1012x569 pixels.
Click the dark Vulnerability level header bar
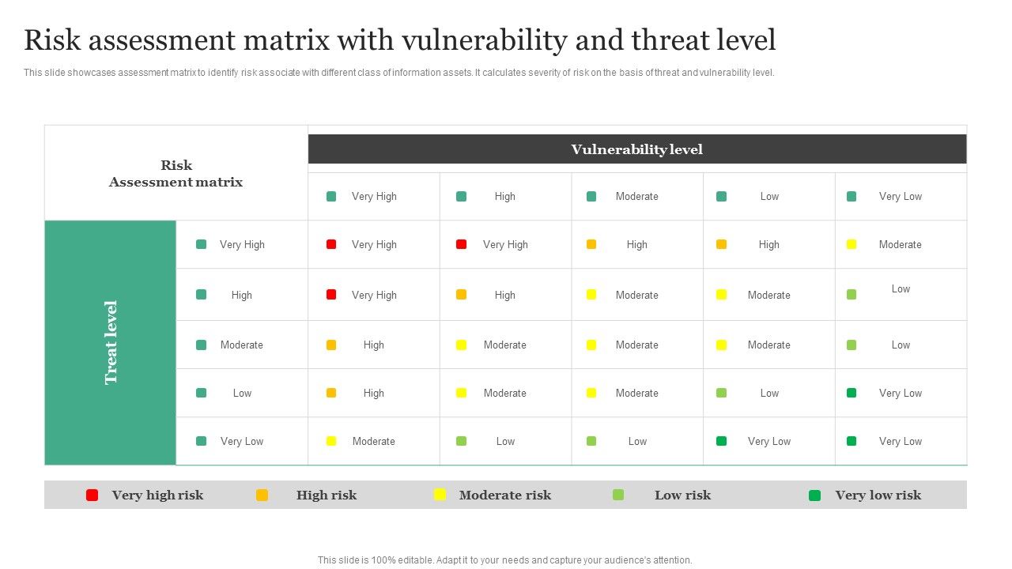pyautogui.click(x=636, y=149)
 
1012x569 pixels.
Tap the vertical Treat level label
pyautogui.click(x=111, y=342)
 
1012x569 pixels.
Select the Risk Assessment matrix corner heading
pyautogui.click(x=176, y=174)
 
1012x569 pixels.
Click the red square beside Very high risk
pyautogui.click(x=93, y=496)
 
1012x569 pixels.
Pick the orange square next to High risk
pyautogui.click(x=262, y=496)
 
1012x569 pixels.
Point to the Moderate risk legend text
pyautogui.click(x=504, y=496)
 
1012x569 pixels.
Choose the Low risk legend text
pyautogui.click(x=682, y=496)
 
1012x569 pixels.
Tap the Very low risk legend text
pyautogui.click(x=878, y=496)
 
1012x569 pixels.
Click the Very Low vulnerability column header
pyautogui.click(x=900, y=197)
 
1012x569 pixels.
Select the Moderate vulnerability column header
pyautogui.click(x=636, y=197)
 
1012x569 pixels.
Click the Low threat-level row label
pyautogui.click(x=242, y=394)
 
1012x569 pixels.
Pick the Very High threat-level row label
pyautogui.click(x=242, y=245)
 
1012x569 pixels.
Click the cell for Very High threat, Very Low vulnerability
pyautogui.click(x=900, y=245)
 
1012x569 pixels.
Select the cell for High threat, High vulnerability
pyautogui.click(x=504, y=296)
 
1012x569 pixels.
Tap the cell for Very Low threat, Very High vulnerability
pyautogui.click(x=373, y=442)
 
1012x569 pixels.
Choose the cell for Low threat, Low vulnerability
pyautogui.click(x=769, y=394)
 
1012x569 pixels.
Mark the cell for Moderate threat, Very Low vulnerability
pyautogui.click(x=901, y=345)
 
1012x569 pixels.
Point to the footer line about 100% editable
pyautogui.click(x=504, y=560)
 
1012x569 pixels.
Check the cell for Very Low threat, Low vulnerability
pyautogui.click(x=769, y=442)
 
